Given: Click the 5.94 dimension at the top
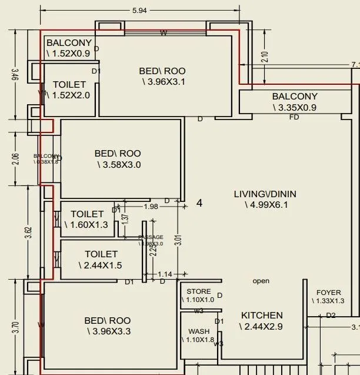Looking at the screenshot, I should [x=139, y=10].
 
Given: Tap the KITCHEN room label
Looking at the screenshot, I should [x=262, y=316].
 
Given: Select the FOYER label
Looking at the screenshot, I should [x=328, y=293].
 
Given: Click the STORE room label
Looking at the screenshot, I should [x=199, y=291].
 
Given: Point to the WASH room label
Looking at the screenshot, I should [x=199, y=331].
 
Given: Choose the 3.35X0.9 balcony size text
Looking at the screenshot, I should [x=295, y=108].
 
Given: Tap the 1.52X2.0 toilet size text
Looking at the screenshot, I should [x=71, y=95].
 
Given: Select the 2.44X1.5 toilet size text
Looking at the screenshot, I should [x=99, y=266].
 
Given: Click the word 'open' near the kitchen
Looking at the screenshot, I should [x=261, y=281].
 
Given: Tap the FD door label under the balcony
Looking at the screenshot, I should [x=294, y=118].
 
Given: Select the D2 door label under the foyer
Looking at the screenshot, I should [x=331, y=316].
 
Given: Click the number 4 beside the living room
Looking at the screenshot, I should [x=199, y=203].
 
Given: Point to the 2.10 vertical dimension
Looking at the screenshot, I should [x=264, y=57].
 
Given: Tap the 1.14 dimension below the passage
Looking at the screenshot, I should [x=165, y=274].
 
